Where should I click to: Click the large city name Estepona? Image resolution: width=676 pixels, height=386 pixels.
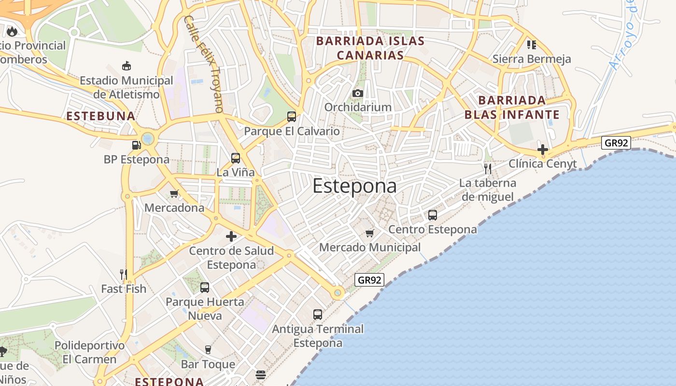[x=354, y=186]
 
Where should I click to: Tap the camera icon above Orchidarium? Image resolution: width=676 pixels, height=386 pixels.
[x=357, y=93]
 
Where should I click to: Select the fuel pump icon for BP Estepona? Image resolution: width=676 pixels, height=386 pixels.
[x=137, y=145]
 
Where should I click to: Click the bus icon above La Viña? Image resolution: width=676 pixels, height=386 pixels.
[x=236, y=158]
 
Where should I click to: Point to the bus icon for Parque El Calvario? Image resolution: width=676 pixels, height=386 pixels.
[x=292, y=116]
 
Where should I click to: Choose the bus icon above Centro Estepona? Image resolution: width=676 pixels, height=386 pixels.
[x=433, y=215]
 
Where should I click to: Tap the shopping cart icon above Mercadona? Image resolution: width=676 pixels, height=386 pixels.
[x=174, y=193]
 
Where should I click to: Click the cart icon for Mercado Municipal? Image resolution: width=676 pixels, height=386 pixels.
[x=370, y=234]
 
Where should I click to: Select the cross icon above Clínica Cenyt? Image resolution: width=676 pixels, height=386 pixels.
[x=543, y=149]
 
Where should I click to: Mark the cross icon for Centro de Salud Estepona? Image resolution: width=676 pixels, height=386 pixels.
[x=231, y=236]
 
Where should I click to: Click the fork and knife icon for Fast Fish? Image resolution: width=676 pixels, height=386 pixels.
[x=124, y=274]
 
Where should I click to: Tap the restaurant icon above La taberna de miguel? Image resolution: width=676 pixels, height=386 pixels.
[x=488, y=168]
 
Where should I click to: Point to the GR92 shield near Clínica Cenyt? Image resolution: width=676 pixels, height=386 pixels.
[x=616, y=142]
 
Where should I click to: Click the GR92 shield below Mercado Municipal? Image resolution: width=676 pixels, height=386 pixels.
[x=369, y=280]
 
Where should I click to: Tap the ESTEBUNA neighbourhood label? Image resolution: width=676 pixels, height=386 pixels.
[x=100, y=116]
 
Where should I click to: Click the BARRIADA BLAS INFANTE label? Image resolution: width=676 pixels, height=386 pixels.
[x=512, y=108]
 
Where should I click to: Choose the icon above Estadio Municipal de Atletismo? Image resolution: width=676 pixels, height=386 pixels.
[x=127, y=66]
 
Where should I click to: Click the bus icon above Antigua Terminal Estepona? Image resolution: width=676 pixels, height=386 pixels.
[x=318, y=315]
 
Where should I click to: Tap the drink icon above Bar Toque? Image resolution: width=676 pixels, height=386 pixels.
[x=208, y=349]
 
